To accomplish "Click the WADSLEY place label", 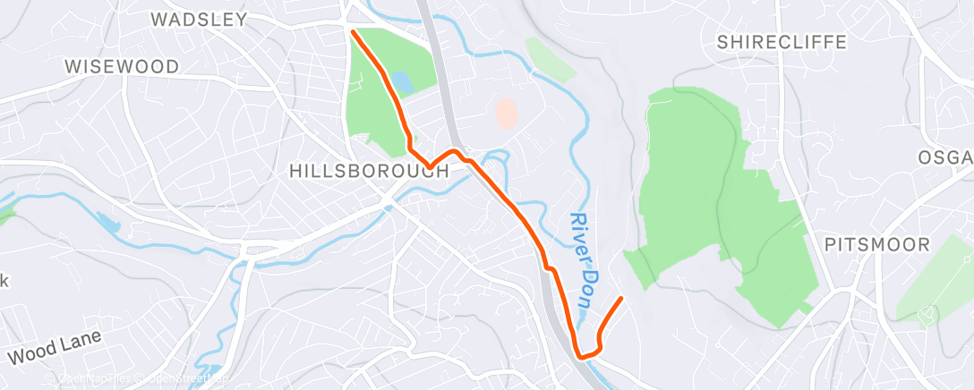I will click(198, 19).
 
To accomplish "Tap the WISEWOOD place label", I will click(122, 66).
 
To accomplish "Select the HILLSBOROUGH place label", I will click(369, 171).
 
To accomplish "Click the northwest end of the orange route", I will click(355, 32).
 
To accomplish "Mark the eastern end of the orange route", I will click(620, 299).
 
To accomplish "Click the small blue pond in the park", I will click(402, 83).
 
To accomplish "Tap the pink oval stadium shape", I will click(506, 113).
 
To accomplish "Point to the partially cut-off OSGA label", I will click(944, 157).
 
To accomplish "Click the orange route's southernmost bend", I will click(583, 356).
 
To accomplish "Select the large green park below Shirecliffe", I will click(716, 206).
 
